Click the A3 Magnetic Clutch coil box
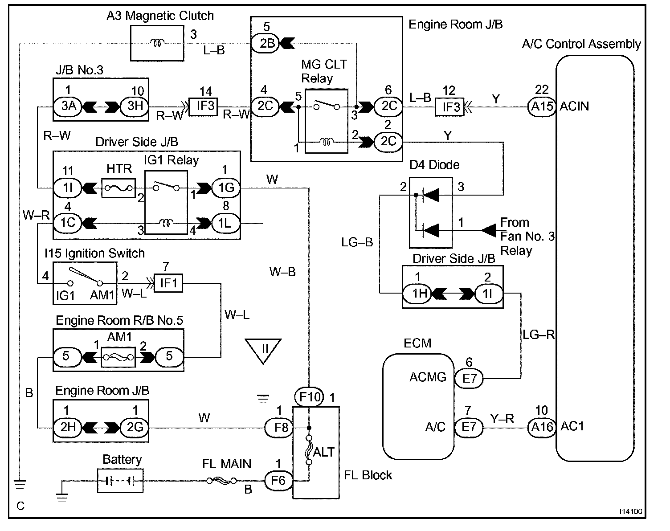tap(157, 43)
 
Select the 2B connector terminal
tap(265, 43)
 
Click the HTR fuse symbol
tap(118, 188)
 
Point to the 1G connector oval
tap(226, 188)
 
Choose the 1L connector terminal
tap(226, 223)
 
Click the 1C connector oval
tap(68, 223)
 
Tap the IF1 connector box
tap(168, 283)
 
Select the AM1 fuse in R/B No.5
tap(118, 357)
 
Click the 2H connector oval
tap(68, 428)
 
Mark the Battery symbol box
tap(120, 481)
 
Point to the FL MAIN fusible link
tap(222, 481)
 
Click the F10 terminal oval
tap(309, 397)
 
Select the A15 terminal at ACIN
tap(542, 107)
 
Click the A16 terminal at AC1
tap(542, 427)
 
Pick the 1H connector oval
tap(417, 294)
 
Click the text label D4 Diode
tap(434, 165)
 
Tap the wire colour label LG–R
tap(539, 335)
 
